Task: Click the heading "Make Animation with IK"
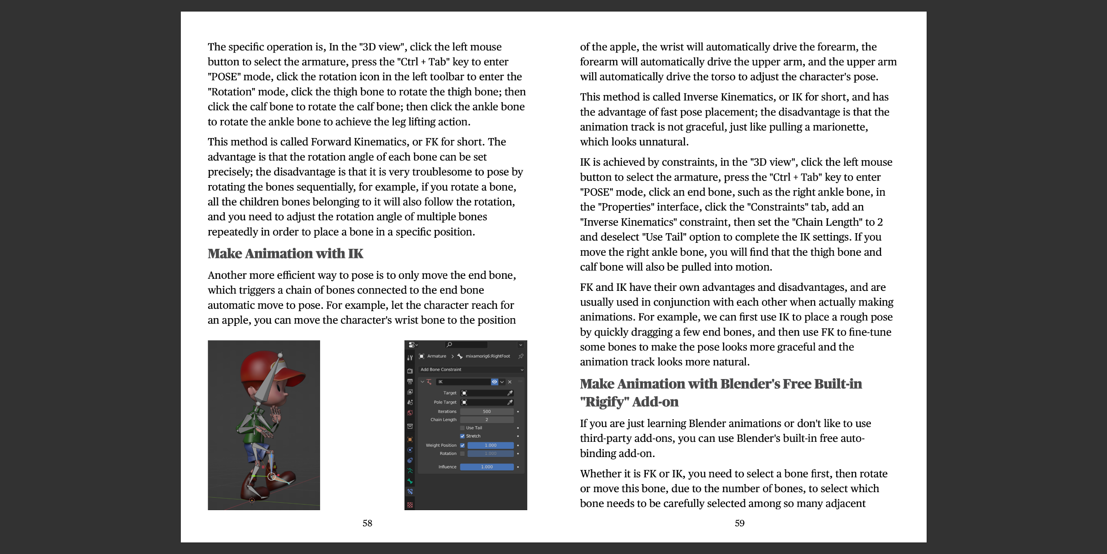(285, 253)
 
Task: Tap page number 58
(367, 523)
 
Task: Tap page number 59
(739, 523)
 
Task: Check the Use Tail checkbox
(462, 428)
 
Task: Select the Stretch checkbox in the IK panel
(462, 436)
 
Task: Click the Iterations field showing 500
(487, 411)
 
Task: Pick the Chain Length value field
(487, 420)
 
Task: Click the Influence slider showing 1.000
(487, 467)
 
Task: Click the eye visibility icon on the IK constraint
(494, 382)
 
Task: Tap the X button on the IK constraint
(510, 382)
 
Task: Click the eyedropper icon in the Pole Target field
(510, 402)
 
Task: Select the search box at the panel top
(466, 345)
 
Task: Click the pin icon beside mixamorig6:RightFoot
(521, 356)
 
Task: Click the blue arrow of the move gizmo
(271, 462)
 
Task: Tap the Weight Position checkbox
(462, 446)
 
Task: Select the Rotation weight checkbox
(462, 454)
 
